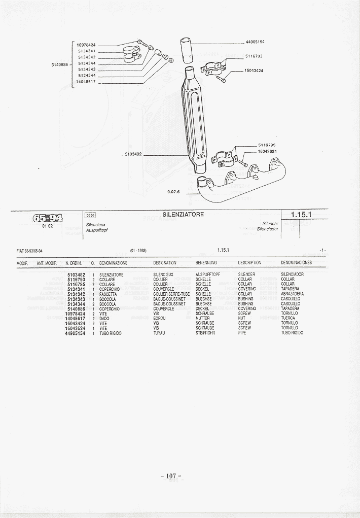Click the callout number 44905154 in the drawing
(x=255, y=42)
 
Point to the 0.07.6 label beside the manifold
(x=174, y=192)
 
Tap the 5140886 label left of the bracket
(x=60, y=64)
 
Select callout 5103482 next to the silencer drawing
(x=133, y=154)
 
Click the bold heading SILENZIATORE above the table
(x=184, y=215)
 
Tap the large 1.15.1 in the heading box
(x=301, y=215)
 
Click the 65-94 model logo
(x=48, y=219)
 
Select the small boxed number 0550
(x=91, y=215)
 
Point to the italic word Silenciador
(x=267, y=229)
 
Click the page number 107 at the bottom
(x=171, y=476)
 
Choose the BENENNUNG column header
(x=206, y=263)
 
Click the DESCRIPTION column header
(x=249, y=263)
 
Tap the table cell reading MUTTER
(x=202, y=318)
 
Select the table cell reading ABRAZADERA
(x=292, y=294)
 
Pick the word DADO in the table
(x=104, y=318)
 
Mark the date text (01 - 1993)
(x=138, y=251)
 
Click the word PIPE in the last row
(x=242, y=333)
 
